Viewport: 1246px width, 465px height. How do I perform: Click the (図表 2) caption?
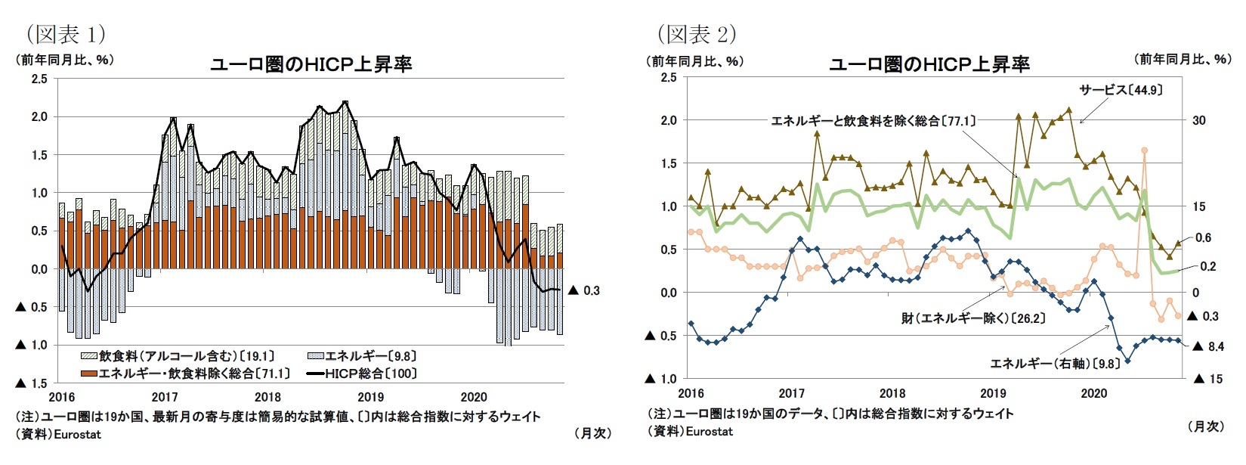click(696, 34)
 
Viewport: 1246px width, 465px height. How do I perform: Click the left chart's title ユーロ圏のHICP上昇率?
click(311, 64)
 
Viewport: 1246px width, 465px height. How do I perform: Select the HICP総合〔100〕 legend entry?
click(362, 373)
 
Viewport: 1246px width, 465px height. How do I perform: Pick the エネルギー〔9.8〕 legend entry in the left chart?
click(362, 355)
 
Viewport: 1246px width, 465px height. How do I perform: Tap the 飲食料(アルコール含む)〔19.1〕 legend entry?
click(178, 355)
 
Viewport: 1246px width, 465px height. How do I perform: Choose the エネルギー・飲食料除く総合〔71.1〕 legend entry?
click(185, 373)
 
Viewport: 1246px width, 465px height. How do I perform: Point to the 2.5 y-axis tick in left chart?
click(39, 79)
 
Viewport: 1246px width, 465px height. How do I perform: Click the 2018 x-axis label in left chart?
click(267, 397)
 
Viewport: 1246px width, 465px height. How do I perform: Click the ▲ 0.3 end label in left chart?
click(583, 290)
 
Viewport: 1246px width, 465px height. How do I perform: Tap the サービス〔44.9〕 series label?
click(1121, 90)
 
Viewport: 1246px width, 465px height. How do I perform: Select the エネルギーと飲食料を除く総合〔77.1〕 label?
click(873, 120)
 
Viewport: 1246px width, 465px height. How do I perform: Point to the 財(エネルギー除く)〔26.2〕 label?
click(972, 318)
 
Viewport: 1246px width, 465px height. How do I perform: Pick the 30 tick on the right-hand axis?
click(1198, 120)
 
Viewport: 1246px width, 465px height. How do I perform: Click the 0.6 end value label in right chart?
click(1203, 237)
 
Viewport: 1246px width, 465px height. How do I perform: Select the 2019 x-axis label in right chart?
click(993, 393)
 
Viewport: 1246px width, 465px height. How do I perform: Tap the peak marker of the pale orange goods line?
click(1145, 150)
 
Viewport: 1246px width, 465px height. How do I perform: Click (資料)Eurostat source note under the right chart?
click(690, 431)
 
